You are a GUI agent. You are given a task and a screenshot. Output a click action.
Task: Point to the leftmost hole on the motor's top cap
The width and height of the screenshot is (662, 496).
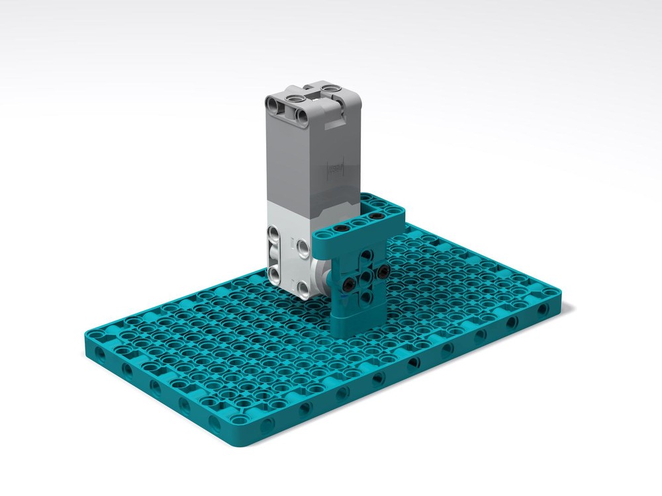tap(273, 103)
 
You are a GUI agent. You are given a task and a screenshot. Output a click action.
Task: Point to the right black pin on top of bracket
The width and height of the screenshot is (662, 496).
tap(375, 216)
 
